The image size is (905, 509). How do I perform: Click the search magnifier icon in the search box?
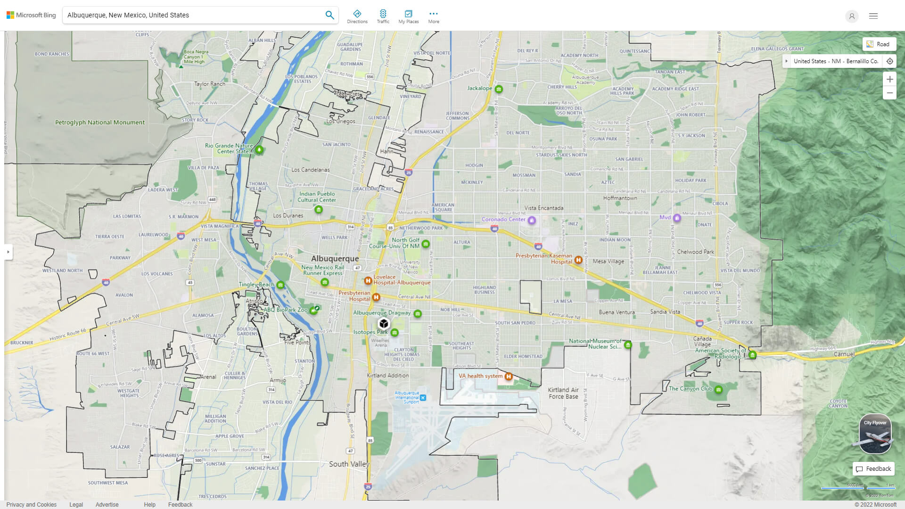[x=329, y=15]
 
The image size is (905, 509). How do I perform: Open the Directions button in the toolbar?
[x=357, y=16]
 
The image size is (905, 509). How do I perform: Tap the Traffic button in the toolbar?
[x=383, y=16]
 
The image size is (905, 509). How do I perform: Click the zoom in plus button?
[x=889, y=79]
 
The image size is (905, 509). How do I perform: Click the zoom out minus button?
[x=889, y=93]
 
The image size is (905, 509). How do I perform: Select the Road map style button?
[x=879, y=44]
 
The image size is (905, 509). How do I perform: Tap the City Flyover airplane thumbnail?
[x=875, y=434]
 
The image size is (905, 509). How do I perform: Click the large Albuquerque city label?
[x=335, y=259]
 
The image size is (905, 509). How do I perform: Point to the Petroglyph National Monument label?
[x=100, y=123]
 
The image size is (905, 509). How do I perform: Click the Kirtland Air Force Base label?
[x=563, y=393]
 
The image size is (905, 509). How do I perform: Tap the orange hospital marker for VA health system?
[x=508, y=376]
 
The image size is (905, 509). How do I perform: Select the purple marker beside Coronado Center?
[x=532, y=220]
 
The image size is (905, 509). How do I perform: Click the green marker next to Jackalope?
[x=499, y=89]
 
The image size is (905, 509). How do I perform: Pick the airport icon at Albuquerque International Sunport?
[x=423, y=398]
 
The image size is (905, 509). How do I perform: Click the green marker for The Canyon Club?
[x=718, y=390]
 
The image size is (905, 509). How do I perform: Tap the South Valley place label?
[x=349, y=464]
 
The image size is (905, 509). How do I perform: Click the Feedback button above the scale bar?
[x=873, y=469]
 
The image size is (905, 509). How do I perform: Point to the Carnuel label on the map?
[x=844, y=354]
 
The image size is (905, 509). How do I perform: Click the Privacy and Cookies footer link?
[x=32, y=505]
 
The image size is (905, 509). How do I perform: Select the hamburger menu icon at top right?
[x=873, y=16]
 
